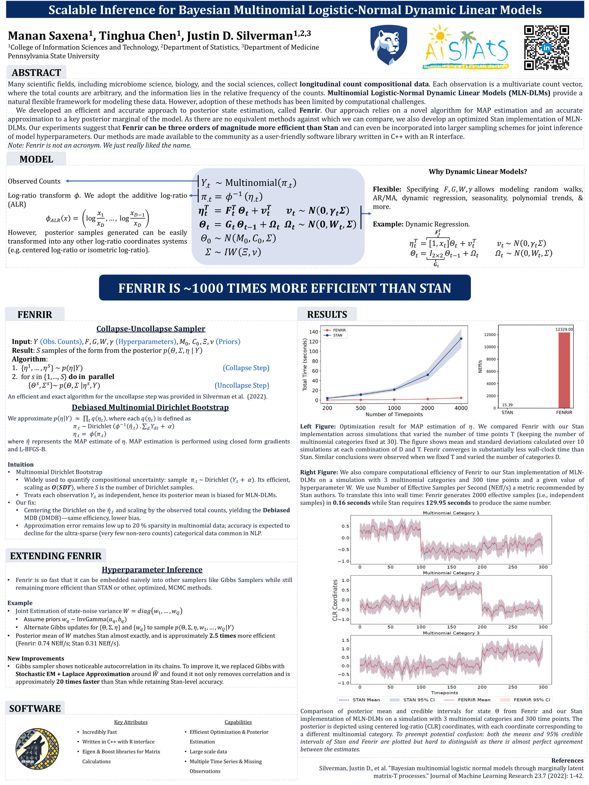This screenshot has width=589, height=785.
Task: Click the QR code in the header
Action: (546, 47)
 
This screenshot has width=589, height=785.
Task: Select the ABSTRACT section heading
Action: (36, 73)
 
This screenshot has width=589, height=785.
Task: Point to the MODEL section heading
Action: (36, 159)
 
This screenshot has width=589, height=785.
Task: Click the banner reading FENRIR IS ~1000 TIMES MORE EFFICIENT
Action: (284, 288)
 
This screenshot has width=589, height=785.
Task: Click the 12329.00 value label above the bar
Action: (564, 329)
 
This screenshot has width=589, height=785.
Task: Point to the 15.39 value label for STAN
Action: (507, 404)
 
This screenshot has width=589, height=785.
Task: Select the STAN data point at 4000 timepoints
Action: (461, 339)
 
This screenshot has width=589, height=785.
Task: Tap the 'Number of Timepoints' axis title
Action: (394, 414)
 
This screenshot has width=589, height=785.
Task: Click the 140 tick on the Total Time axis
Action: (314, 332)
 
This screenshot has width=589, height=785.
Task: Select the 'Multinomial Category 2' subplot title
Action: (451, 573)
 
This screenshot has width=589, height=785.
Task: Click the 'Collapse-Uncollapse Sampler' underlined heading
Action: (151, 329)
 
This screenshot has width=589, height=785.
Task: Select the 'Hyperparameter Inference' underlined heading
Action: (152, 570)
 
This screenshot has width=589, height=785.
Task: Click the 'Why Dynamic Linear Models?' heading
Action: (477, 172)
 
